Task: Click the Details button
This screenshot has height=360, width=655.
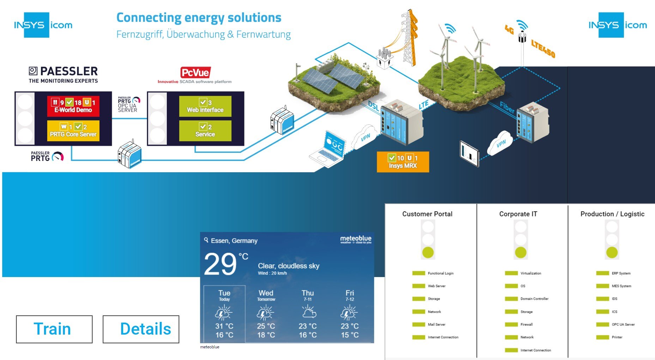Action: coord(141,329)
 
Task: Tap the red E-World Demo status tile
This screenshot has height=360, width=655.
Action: coord(73,106)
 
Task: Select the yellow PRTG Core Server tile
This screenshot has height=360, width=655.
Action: coord(73,131)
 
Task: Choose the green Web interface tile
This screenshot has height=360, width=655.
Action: coord(205,106)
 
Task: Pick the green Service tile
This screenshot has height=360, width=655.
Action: coord(205,131)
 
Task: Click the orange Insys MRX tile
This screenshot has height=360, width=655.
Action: coord(402,162)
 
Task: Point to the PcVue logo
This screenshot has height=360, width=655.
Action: coord(195,73)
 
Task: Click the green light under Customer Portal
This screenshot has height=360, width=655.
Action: coord(428,253)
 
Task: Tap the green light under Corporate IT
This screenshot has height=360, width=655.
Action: coord(521,253)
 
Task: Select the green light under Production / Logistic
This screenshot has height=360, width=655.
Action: coord(612,253)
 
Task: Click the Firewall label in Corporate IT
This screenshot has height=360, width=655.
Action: coord(526,324)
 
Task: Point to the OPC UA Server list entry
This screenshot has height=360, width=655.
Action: coord(623,324)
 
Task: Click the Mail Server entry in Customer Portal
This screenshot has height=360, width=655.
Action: coord(436,324)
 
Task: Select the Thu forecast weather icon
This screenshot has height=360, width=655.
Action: coord(308,312)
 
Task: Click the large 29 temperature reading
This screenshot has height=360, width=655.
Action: coord(220,264)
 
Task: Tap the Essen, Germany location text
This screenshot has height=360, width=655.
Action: coord(234,241)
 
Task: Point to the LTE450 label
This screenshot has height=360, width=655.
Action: coord(543,49)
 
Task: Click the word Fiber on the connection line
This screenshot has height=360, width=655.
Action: coord(507,107)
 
